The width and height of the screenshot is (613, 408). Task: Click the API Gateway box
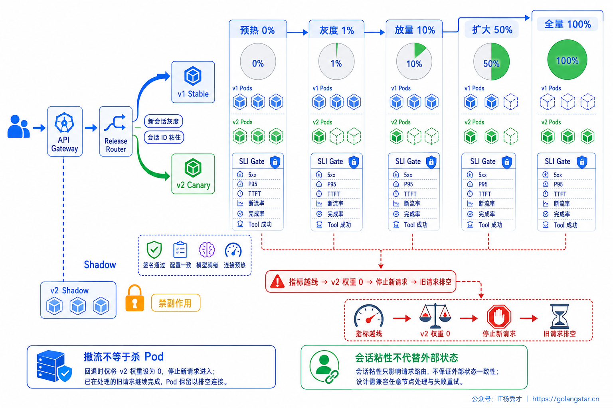coord(65,131)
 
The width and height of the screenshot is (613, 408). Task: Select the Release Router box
coord(116,131)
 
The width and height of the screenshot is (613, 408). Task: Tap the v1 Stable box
coord(193,82)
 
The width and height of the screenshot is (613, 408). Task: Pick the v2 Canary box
coord(193,174)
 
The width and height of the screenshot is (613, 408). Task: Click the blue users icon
coord(18,126)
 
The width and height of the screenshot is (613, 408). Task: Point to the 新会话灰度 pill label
coord(163,121)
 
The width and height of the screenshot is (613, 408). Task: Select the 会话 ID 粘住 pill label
coord(164,137)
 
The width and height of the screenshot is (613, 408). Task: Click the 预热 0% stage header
coord(257,30)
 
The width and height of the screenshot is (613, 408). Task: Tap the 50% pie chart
coord(492,61)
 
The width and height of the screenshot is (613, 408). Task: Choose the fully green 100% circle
coord(567,60)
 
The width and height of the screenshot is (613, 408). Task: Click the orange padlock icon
coord(134,298)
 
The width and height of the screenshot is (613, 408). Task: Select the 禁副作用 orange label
coord(176,303)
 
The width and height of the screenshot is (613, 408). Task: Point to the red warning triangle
coord(277,281)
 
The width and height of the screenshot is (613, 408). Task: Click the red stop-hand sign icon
coord(499,316)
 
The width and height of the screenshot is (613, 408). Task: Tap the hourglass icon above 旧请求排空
coord(560,316)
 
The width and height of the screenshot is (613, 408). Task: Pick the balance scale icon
coord(435,316)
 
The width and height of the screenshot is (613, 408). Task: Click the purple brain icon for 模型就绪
coord(207,250)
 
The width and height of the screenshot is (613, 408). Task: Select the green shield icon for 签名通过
coord(154,249)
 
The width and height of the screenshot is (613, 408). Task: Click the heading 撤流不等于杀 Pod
coord(124,357)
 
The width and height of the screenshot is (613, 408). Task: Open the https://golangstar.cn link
coord(566,399)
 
